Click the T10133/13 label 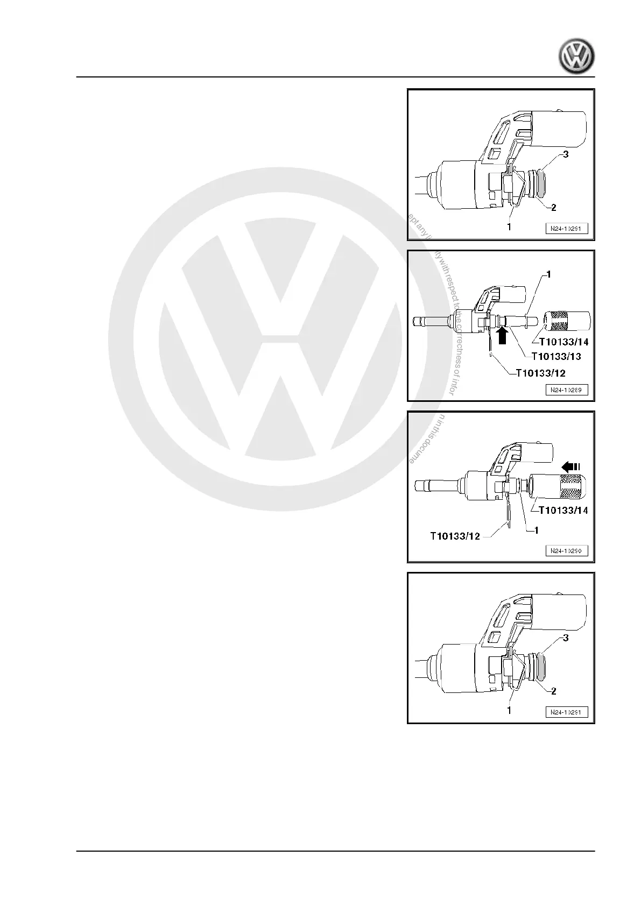click(556, 356)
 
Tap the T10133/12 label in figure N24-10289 click(540, 373)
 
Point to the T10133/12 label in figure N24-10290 click(455, 536)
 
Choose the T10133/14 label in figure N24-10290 click(563, 510)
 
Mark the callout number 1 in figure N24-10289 click(548, 275)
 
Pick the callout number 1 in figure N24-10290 click(536, 530)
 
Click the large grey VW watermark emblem click(279, 339)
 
